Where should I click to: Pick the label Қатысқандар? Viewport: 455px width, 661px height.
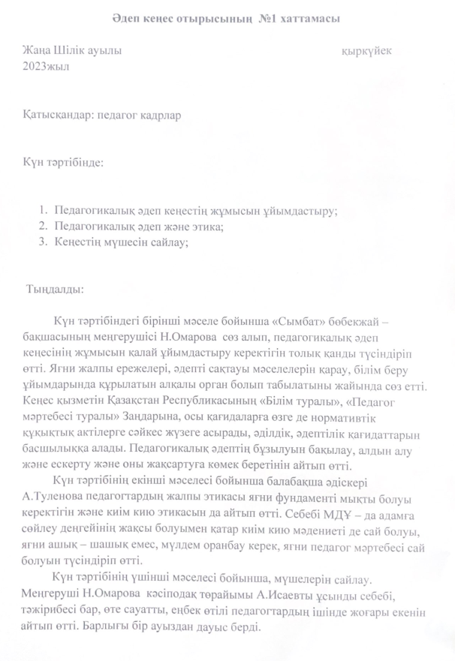pyautogui.click(x=55, y=116)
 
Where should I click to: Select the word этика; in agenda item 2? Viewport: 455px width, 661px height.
pyautogui.click(x=208, y=227)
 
